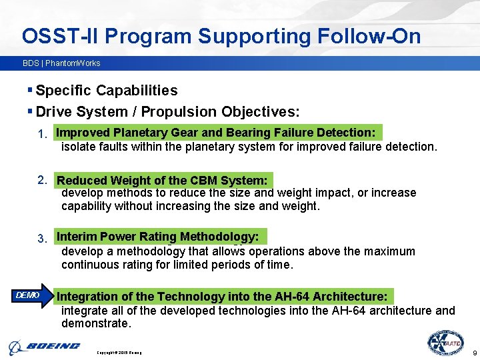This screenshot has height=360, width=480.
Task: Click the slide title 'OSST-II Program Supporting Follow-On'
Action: click(x=221, y=36)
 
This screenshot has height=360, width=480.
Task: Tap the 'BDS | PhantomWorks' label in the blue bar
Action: click(x=61, y=63)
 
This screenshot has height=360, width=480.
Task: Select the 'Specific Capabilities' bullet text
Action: click(x=106, y=91)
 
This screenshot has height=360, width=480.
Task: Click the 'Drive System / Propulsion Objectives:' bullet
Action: click(x=167, y=111)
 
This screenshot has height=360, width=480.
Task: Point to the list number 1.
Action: click(x=42, y=135)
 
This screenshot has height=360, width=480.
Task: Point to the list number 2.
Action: click(x=42, y=179)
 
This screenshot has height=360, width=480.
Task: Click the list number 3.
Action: click(x=42, y=239)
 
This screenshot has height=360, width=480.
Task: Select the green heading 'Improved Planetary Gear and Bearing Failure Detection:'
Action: click(x=216, y=133)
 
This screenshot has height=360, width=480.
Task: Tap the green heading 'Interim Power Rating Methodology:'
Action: click(x=158, y=237)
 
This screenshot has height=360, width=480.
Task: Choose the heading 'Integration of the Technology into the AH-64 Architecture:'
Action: click(x=222, y=296)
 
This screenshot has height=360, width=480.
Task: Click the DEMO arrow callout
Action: click(x=31, y=295)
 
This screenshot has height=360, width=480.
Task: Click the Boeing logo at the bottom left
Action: click(x=45, y=347)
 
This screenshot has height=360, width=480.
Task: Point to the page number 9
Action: click(x=473, y=352)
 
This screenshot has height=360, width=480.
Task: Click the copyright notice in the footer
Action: click(x=119, y=352)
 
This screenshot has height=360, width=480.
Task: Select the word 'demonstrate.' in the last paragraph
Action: click(x=96, y=323)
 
